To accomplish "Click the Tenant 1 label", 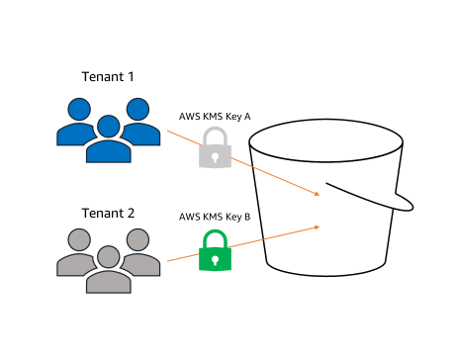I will pos(108,76).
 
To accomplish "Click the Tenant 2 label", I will pos(108,213).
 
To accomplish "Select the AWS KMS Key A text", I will pos(214,117).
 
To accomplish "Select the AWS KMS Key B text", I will pos(214,216).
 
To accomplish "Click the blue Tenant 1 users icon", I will pos(108,128).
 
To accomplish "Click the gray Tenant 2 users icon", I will pos(108,260).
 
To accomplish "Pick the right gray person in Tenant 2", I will pos(137,253).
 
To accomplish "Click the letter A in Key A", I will pos(247,117).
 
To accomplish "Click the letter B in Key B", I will pos(247,216).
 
